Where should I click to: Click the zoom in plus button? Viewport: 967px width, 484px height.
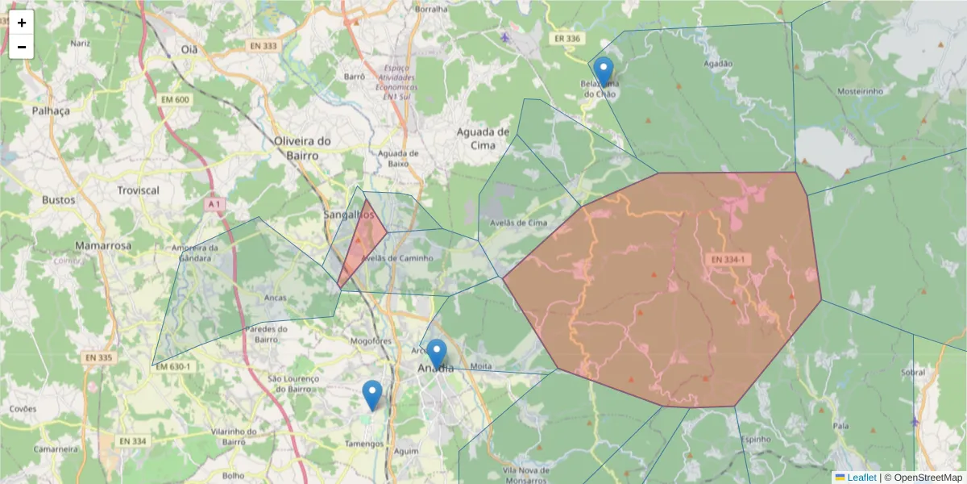(22, 23)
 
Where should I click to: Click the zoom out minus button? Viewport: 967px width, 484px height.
(22, 47)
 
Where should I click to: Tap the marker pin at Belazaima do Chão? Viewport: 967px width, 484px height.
(603, 72)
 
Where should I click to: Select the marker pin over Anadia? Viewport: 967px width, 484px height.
(436, 354)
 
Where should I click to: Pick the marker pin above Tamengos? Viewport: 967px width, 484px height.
(371, 395)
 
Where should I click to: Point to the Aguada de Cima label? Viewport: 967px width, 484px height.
(483, 138)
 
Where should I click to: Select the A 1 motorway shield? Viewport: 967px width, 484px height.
(213, 205)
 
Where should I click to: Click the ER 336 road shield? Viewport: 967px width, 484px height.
(567, 39)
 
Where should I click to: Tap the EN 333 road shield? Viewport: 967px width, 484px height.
(263, 46)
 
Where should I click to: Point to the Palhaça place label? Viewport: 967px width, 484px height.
(51, 111)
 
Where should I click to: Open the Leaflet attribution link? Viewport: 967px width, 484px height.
(861, 478)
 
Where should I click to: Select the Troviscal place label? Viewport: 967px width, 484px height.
(138, 190)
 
